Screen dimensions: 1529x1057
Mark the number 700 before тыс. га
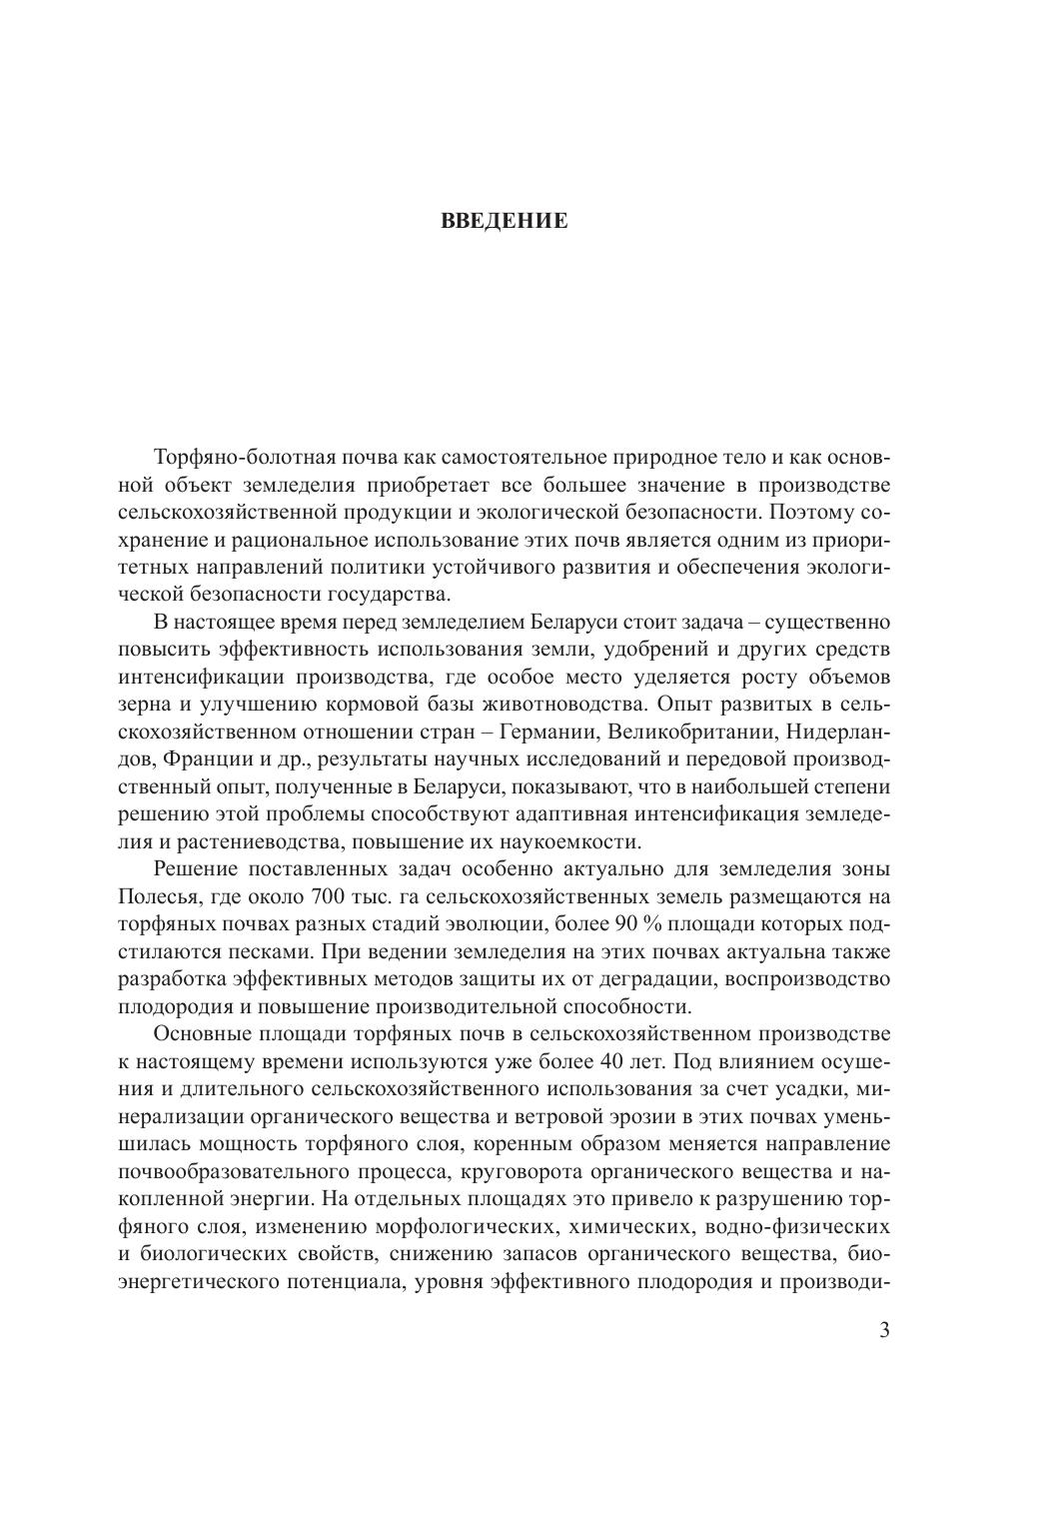coord(330,894)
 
